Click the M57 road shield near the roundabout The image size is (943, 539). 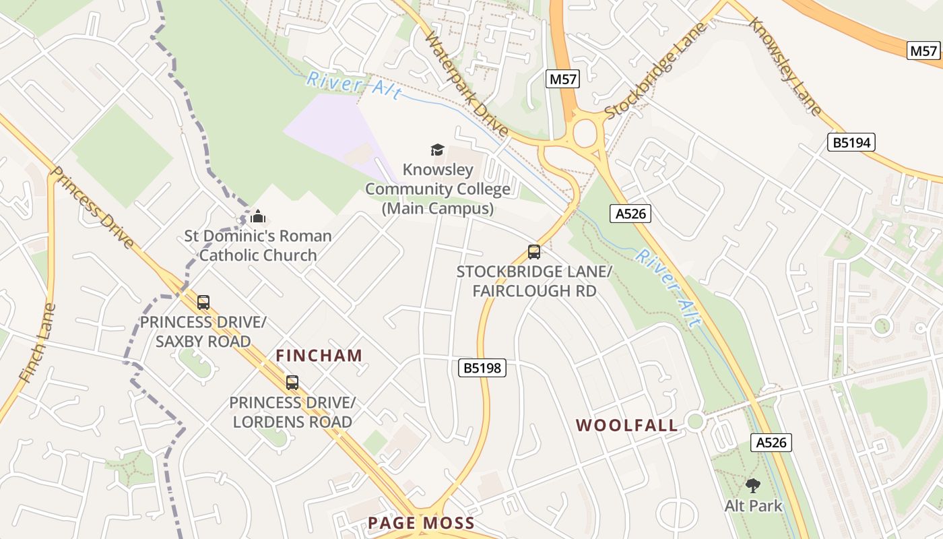562,80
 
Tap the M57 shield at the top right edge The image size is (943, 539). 923,51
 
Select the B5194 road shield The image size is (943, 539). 851,142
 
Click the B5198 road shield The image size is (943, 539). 482,368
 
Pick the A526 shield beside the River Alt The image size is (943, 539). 630,214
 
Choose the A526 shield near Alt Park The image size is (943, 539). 771,443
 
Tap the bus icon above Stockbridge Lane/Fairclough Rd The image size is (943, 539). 533,252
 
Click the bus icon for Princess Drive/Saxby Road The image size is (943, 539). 203,303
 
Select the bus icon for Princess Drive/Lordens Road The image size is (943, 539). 292,383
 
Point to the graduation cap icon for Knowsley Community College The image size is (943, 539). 438,150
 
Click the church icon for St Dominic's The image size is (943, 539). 258,217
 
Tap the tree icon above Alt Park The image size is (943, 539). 753,486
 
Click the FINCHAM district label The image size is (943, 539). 319,356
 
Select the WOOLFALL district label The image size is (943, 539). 627,425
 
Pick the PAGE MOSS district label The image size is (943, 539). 422,523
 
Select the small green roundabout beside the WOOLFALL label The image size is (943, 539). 695,422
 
